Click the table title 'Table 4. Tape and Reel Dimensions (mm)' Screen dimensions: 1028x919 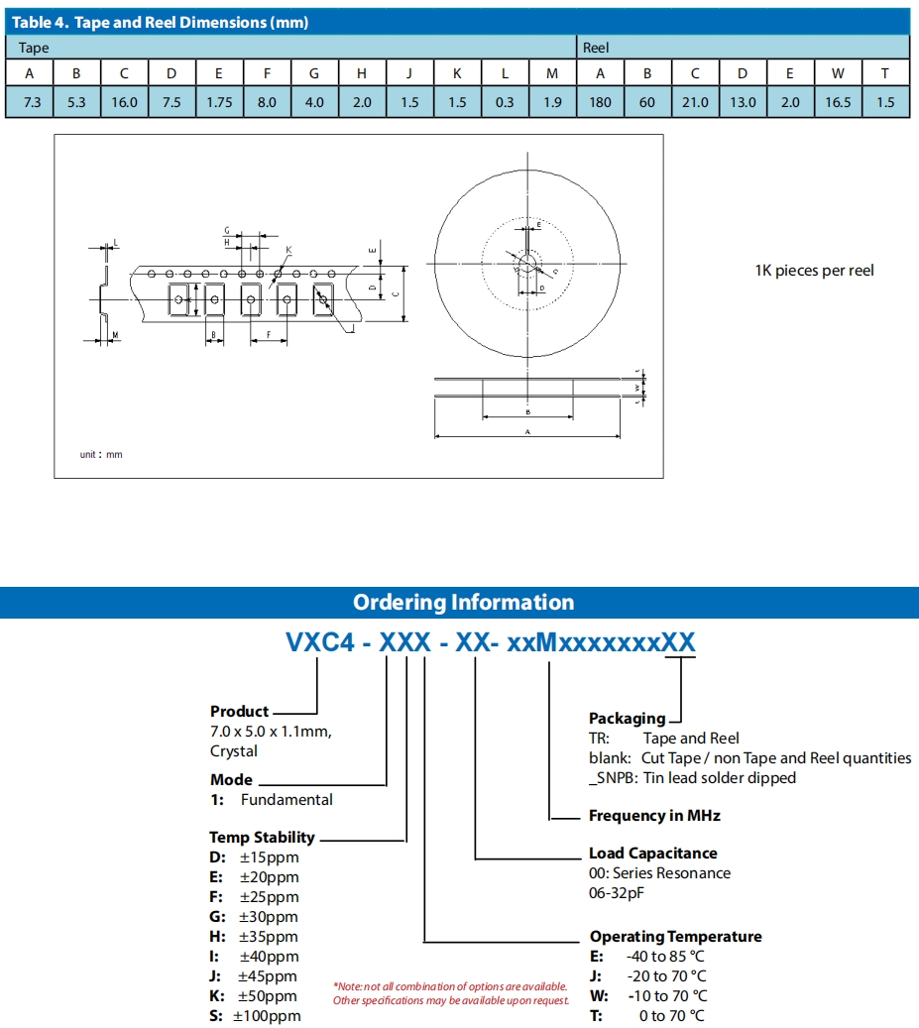pos(160,22)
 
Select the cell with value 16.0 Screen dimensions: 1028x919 pos(125,102)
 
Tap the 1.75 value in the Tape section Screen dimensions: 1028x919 pos(220,102)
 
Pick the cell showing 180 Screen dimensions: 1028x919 pos(600,102)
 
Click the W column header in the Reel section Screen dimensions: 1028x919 pos(838,73)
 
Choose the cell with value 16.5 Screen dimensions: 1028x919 pos(838,102)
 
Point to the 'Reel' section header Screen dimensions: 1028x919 pos(596,48)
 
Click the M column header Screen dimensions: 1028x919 pos(552,73)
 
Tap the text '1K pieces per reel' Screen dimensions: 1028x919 pos(814,271)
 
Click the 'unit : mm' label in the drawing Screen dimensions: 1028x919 pos(101,454)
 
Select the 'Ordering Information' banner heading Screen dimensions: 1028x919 pos(463,603)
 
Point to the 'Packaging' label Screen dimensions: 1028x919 pos(627,718)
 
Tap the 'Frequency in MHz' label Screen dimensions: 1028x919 pos(654,816)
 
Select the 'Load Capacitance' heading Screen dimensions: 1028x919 pos(652,853)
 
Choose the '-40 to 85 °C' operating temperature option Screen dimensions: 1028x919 pos(666,957)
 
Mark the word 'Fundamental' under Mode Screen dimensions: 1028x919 pos(287,800)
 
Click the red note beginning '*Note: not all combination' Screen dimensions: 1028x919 pos(451,986)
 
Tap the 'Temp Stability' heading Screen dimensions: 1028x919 pos(262,837)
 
